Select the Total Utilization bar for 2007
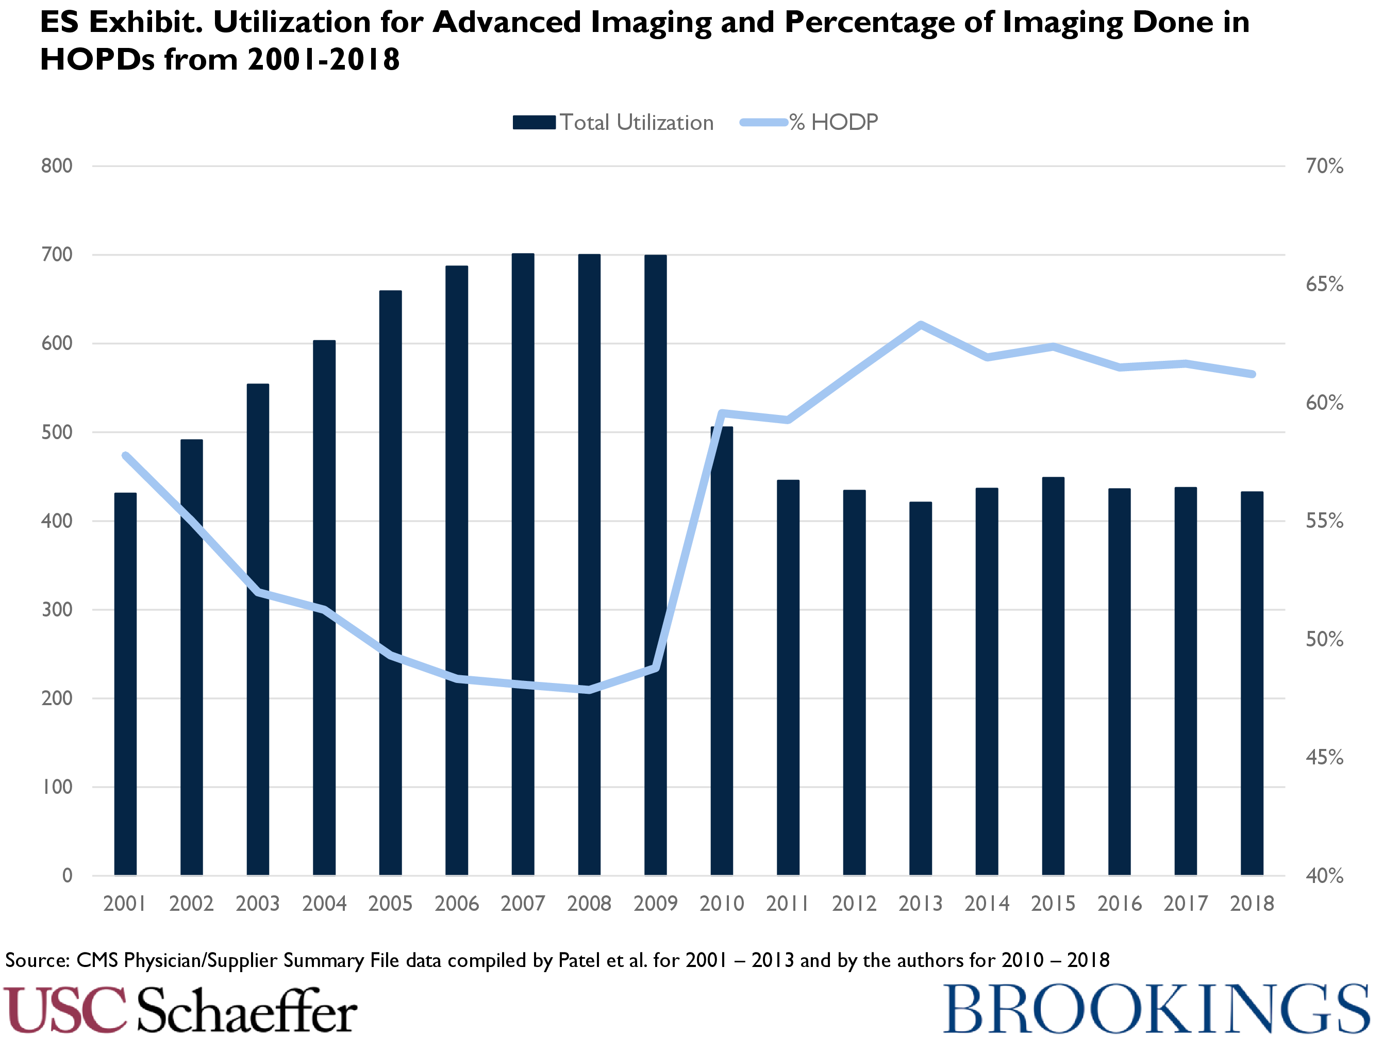pos(523,563)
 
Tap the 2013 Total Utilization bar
pos(920,688)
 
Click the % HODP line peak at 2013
pos(920,325)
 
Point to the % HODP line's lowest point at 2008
pos(589,689)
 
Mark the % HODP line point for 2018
pos(1252,374)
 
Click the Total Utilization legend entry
pos(613,123)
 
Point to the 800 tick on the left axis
pos(57,166)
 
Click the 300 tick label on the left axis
pos(57,609)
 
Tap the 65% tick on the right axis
pos(1324,285)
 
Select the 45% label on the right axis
pos(1324,758)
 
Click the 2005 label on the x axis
pos(390,904)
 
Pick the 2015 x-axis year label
pos(1053,904)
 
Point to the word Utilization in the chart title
pos(291,23)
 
